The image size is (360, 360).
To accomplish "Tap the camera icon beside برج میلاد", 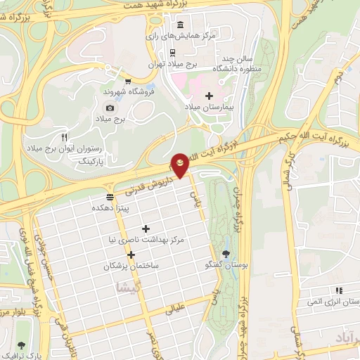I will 110,108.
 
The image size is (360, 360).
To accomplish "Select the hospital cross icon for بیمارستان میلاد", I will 207,96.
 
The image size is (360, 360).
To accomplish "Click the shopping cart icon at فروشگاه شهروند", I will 127,81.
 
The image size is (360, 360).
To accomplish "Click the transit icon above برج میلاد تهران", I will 172,51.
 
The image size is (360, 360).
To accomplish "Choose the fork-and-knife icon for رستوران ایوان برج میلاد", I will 65,137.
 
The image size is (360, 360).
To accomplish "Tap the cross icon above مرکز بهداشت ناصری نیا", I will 146,229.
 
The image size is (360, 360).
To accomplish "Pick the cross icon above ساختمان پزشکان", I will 131,255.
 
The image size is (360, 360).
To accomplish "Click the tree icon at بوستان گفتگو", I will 225,254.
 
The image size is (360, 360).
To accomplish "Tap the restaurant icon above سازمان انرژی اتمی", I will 339,290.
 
